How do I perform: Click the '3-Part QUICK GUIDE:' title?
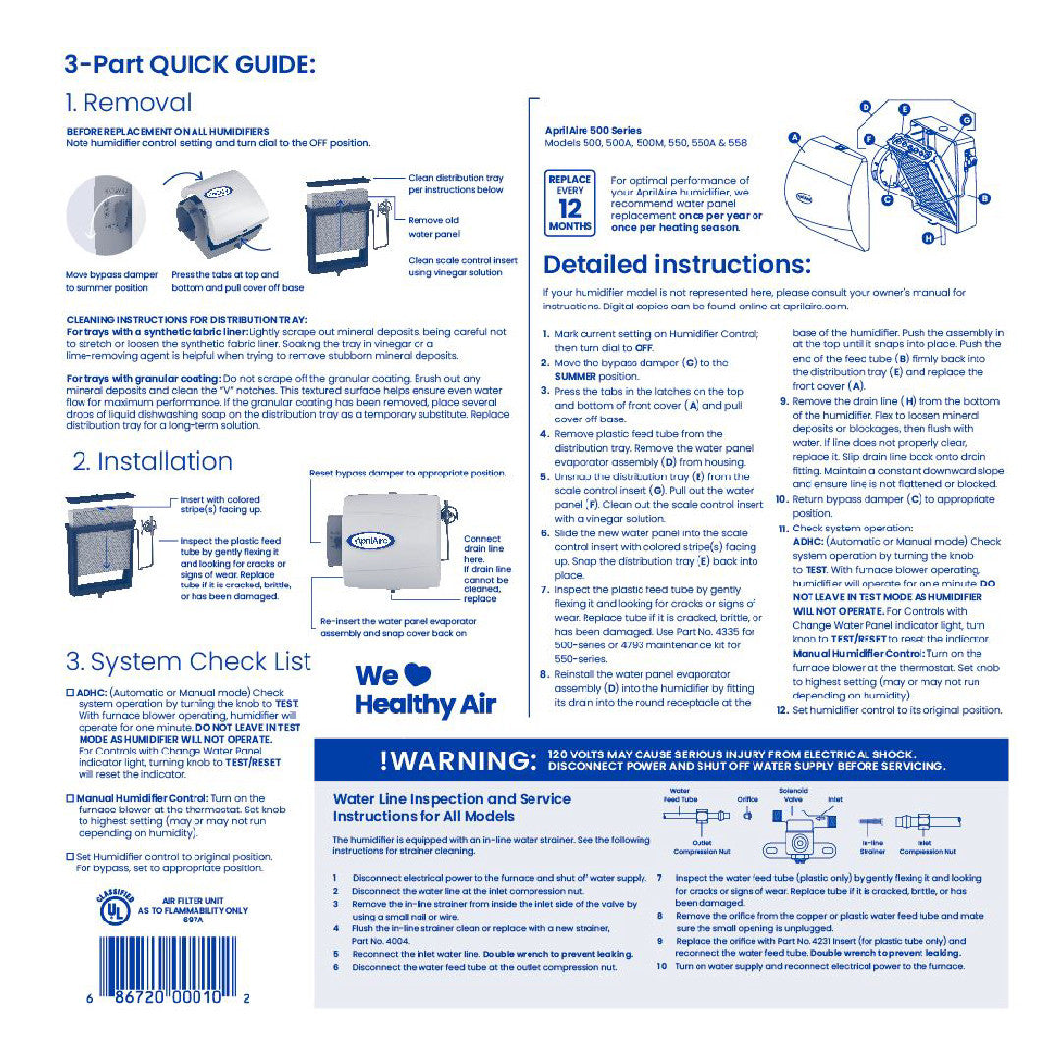(x=190, y=65)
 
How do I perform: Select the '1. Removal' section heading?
(x=128, y=103)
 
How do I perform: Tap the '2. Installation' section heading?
(x=152, y=461)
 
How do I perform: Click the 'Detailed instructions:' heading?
(x=676, y=264)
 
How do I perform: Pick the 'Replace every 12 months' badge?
(x=570, y=203)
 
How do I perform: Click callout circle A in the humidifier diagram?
(x=793, y=140)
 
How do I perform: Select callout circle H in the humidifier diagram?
(x=927, y=238)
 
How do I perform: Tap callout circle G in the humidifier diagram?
(x=966, y=120)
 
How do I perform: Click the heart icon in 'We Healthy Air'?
(x=418, y=675)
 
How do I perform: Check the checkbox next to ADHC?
(x=70, y=693)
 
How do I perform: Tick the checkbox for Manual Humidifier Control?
(x=70, y=798)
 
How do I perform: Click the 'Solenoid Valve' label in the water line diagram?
(x=793, y=794)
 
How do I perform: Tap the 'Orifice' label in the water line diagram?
(x=748, y=799)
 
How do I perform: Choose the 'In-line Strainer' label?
(x=872, y=847)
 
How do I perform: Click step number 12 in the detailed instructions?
(x=782, y=710)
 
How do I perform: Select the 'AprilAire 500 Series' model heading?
(x=592, y=130)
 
